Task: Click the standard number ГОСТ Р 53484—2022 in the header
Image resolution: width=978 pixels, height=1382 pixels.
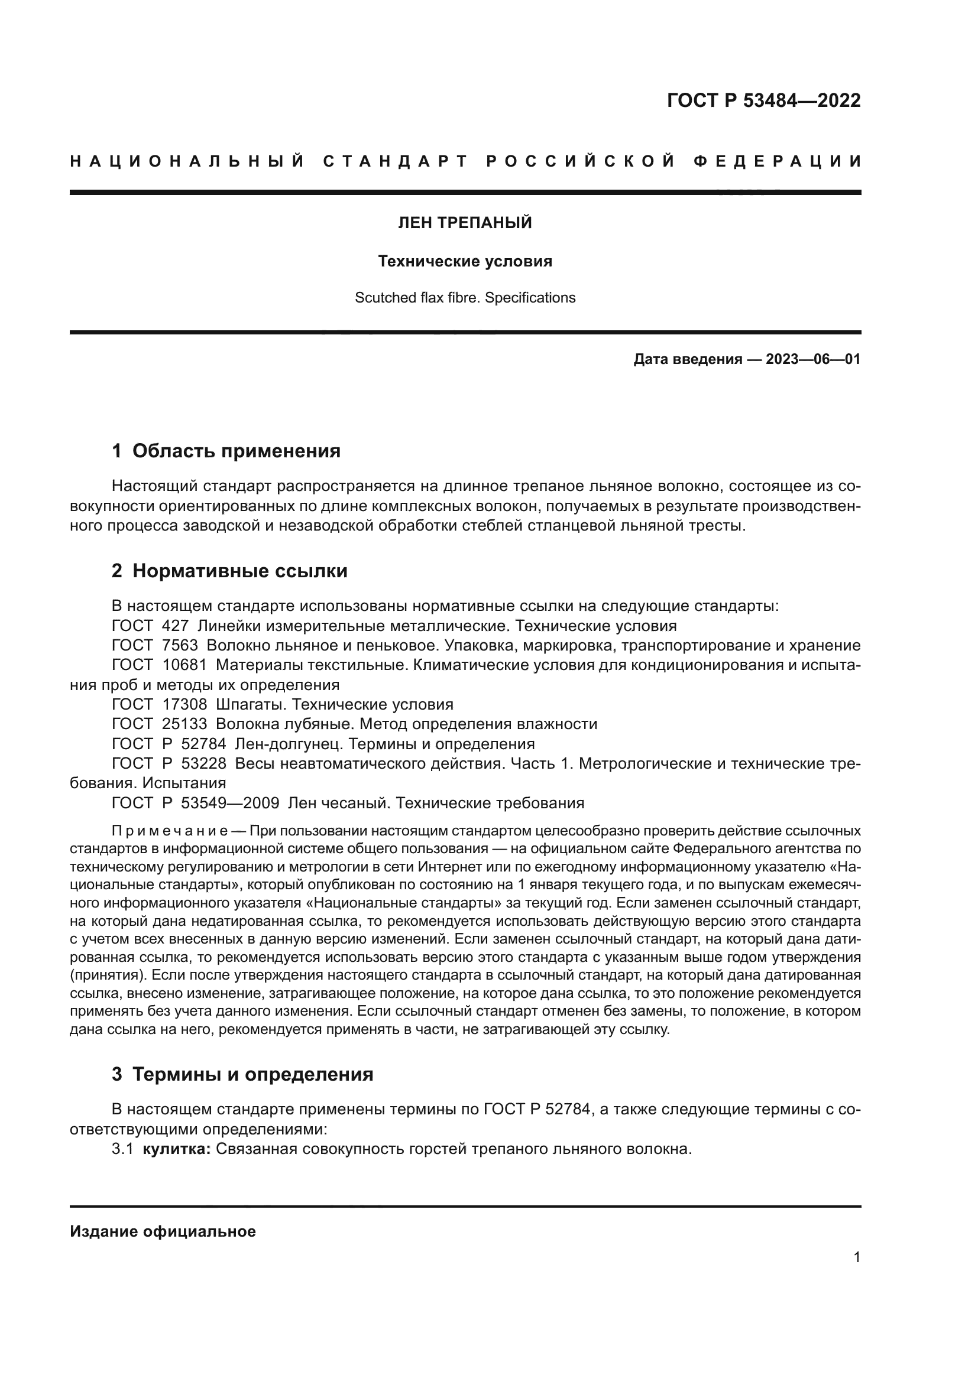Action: pyautogui.click(x=763, y=100)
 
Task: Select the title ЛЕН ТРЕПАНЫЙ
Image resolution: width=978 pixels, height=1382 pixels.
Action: pyautogui.click(x=465, y=223)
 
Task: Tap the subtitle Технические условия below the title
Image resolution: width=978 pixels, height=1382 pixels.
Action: pyautogui.click(x=465, y=261)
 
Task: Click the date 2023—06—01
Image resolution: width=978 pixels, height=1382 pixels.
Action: pyautogui.click(x=812, y=360)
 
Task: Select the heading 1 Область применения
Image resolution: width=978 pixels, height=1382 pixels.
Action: pyautogui.click(x=226, y=451)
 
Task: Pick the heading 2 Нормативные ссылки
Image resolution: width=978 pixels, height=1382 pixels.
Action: pyautogui.click(x=229, y=571)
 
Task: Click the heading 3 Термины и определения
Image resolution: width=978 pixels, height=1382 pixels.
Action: pyautogui.click(x=242, y=1074)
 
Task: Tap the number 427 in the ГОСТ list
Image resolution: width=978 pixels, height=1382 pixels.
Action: pyautogui.click(x=175, y=626)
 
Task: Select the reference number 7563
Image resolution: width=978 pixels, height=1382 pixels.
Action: pyautogui.click(x=180, y=646)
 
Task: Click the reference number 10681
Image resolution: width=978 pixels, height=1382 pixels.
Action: pyautogui.click(x=184, y=666)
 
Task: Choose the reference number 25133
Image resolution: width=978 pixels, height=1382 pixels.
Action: pyautogui.click(x=184, y=724)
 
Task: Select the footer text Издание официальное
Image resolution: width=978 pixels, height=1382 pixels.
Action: pyautogui.click(x=163, y=1231)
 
